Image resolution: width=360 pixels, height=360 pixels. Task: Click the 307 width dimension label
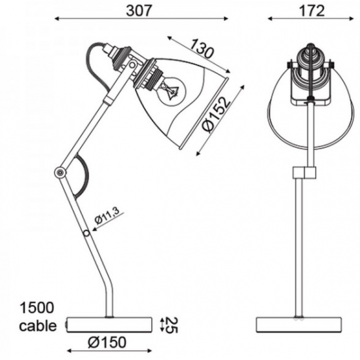(139, 10)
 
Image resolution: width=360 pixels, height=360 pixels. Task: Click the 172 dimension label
(312, 10)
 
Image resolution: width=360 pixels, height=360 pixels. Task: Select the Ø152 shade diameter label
(216, 115)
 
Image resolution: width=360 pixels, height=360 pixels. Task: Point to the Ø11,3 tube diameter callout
(107, 217)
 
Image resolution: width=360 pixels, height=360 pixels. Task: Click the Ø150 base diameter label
(107, 342)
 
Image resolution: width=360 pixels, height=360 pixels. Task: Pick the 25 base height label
(171, 325)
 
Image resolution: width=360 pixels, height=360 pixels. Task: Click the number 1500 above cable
(37, 308)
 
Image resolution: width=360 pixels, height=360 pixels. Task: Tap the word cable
(38, 326)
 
